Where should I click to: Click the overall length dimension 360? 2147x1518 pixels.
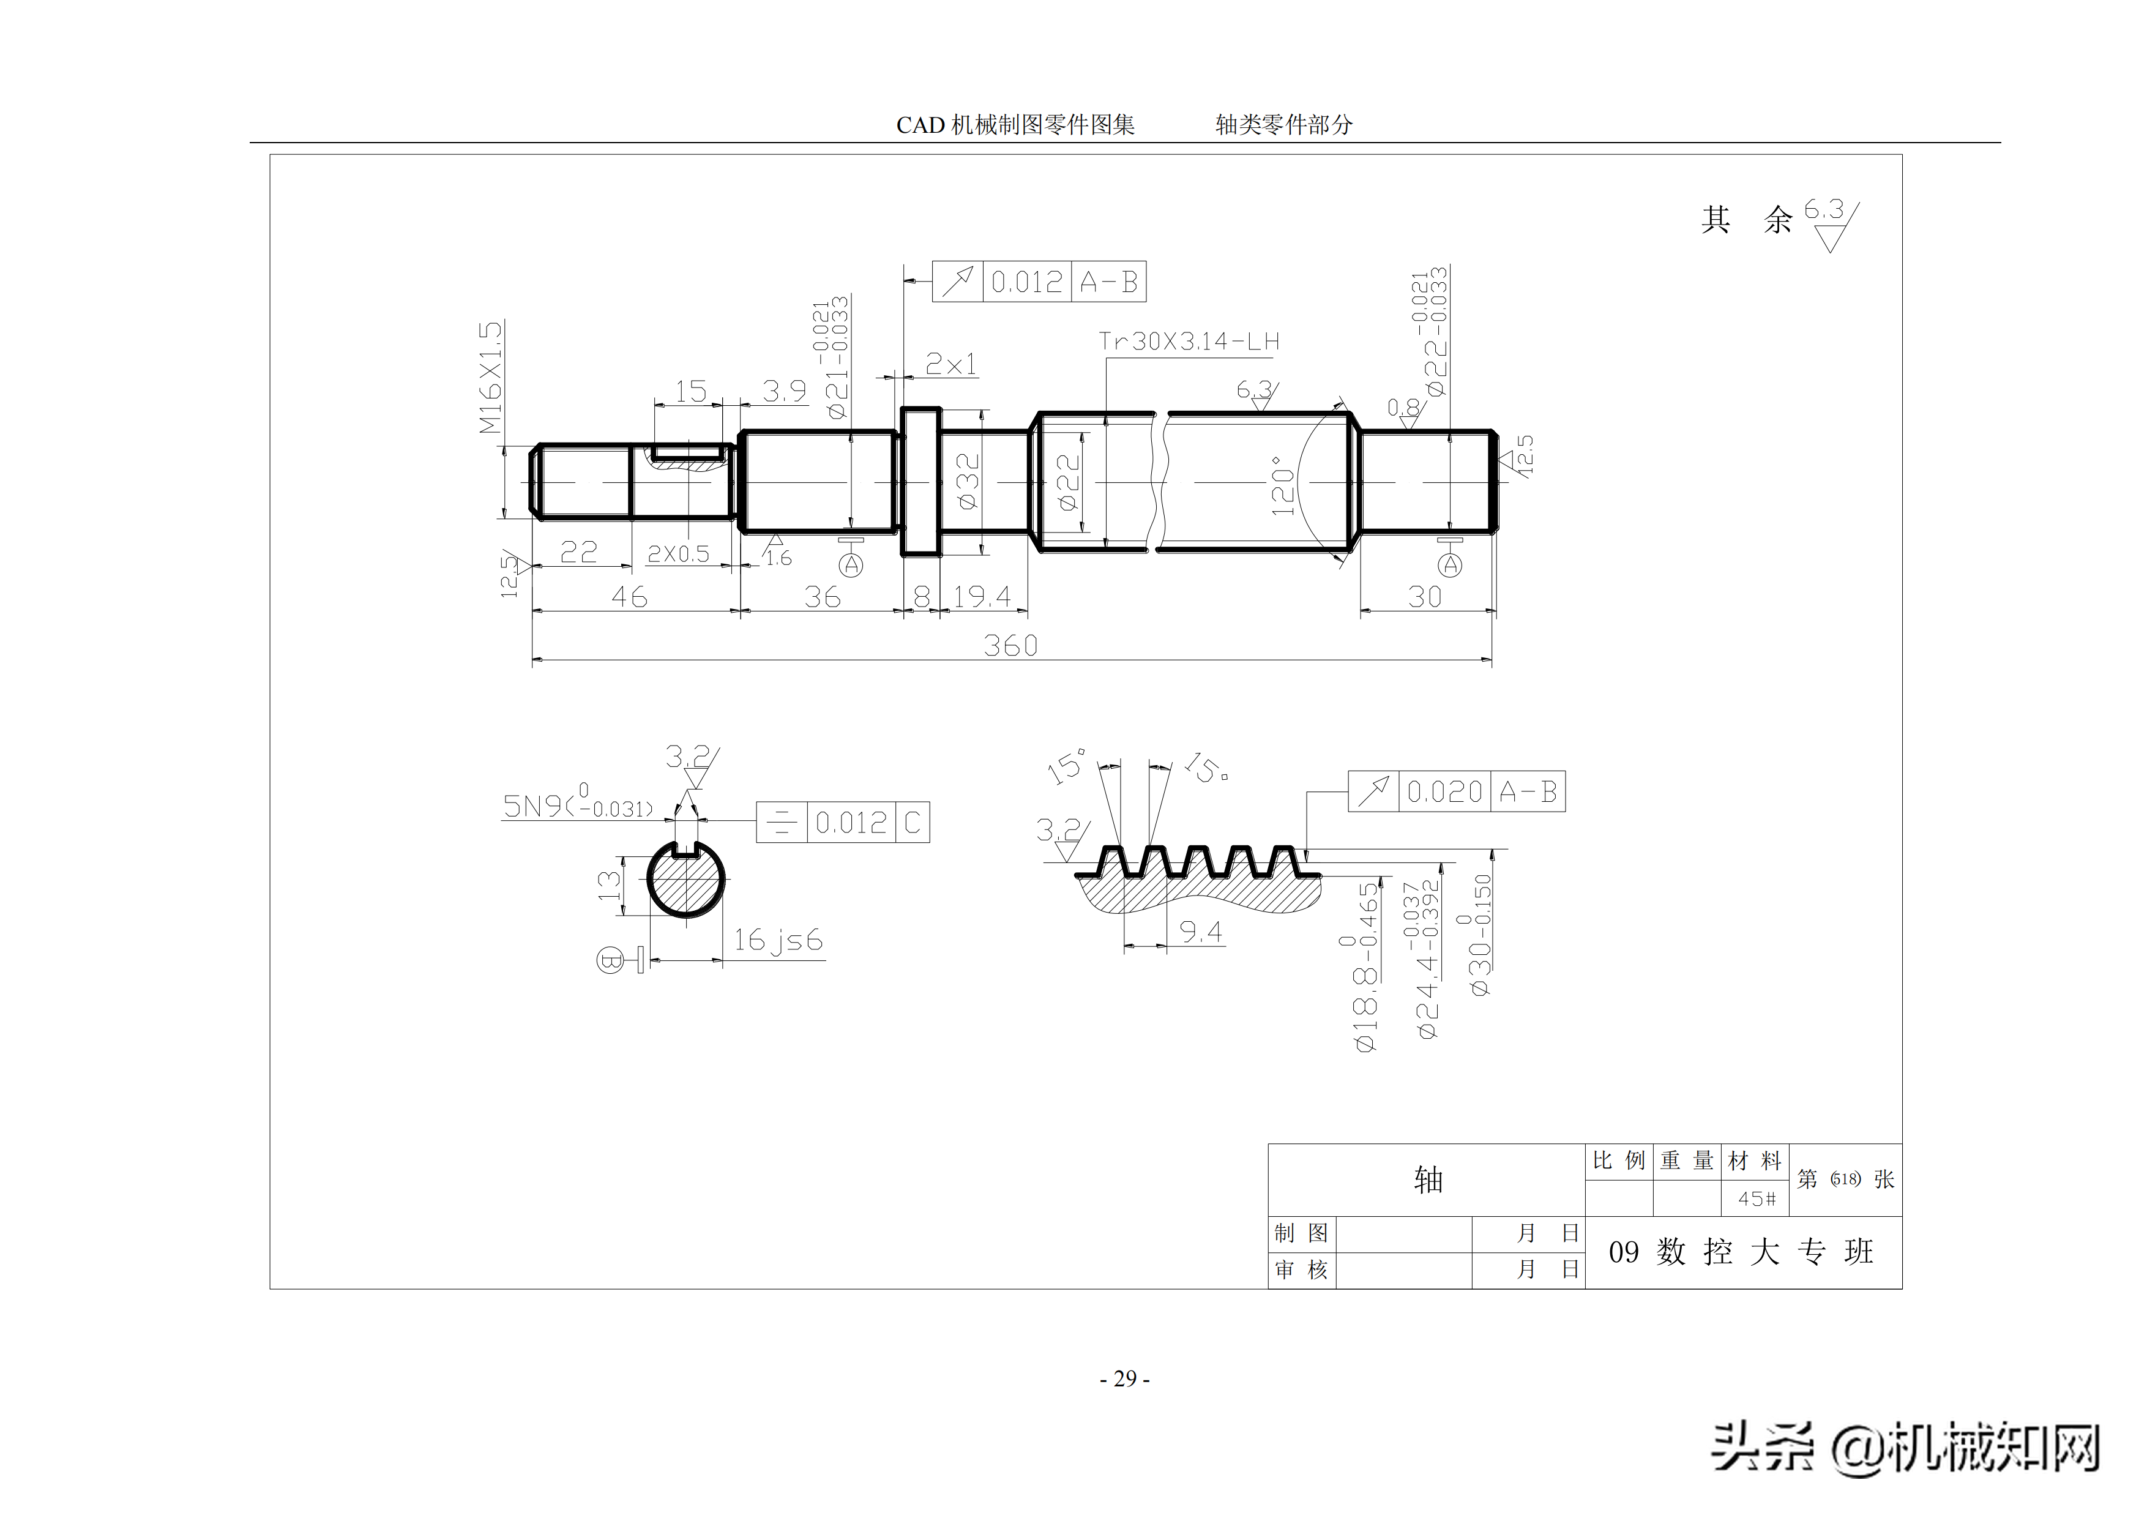click(1010, 645)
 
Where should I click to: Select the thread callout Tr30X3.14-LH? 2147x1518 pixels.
click(1189, 342)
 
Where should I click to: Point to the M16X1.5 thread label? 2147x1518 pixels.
click(491, 377)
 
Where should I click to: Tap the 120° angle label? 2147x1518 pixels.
click(1282, 485)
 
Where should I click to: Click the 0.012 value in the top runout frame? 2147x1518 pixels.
click(1026, 282)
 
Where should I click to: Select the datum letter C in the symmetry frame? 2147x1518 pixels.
click(912, 823)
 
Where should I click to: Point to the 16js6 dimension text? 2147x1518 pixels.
click(777, 940)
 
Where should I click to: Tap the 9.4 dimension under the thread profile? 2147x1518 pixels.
click(1200, 932)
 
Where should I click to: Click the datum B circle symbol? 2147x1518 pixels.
click(610, 960)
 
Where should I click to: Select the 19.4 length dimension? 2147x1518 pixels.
click(982, 597)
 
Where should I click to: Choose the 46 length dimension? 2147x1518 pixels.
click(629, 597)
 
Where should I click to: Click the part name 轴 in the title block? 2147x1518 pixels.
click(1428, 1180)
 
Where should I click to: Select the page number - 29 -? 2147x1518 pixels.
click(1125, 1378)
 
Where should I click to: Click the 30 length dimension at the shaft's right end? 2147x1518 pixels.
click(1425, 597)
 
